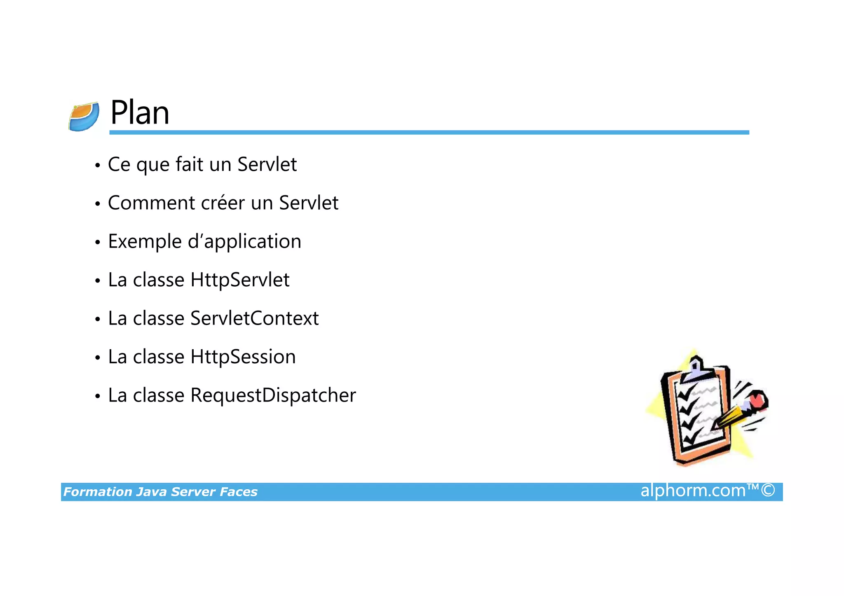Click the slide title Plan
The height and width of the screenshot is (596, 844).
click(x=140, y=113)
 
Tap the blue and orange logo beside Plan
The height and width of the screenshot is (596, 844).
click(x=84, y=117)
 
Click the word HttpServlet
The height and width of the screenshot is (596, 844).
click(x=240, y=280)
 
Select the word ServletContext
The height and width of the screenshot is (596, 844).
click(x=254, y=318)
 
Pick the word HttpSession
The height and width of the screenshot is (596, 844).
click(x=243, y=357)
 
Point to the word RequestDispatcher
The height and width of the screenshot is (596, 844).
click(x=273, y=395)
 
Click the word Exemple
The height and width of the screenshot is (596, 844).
click(x=144, y=242)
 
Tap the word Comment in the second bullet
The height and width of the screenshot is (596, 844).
click(x=151, y=203)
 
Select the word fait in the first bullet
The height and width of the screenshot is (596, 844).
click(x=189, y=164)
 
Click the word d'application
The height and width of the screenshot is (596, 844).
click(x=244, y=242)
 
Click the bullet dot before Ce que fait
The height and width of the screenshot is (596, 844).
click(x=97, y=166)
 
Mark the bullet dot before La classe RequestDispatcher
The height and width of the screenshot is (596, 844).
click(x=97, y=397)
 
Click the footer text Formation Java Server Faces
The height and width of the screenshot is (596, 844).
click(x=160, y=492)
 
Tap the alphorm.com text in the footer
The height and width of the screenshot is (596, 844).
click(x=693, y=491)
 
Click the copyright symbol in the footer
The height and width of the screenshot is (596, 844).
click(x=768, y=491)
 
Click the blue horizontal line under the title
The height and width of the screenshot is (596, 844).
click(x=429, y=132)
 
